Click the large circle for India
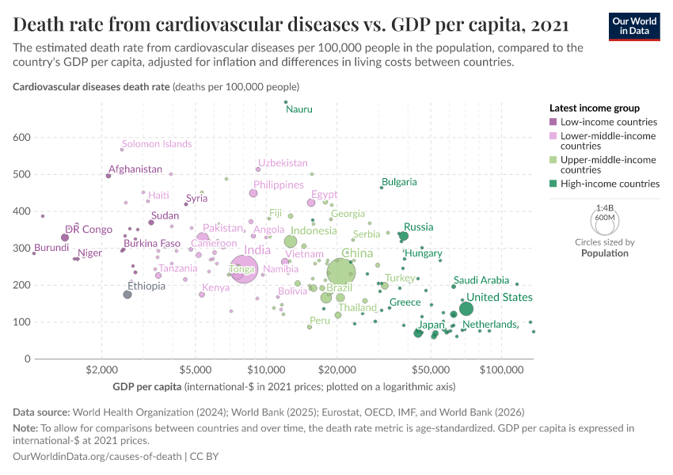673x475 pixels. [x=244, y=270]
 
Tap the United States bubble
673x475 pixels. [x=466, y=310]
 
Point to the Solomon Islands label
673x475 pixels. [x=157, y=144]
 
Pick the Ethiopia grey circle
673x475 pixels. [x=127, y=294]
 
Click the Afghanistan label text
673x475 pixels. [x=135, y=169]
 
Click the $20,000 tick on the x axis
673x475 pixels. [x=338, y=370]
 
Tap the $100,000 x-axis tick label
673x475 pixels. [x=502, y=370]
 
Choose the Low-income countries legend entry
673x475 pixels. [x=608, y=122]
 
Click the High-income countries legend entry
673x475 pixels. [x=610, y=184]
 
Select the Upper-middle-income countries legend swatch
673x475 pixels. [x=553, y=160]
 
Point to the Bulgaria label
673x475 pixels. [x=399, y=182]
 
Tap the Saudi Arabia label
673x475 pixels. [x=481, y=280]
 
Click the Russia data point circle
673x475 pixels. [x=403, y=236]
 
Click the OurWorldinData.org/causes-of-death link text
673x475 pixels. [x=97, y=456]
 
